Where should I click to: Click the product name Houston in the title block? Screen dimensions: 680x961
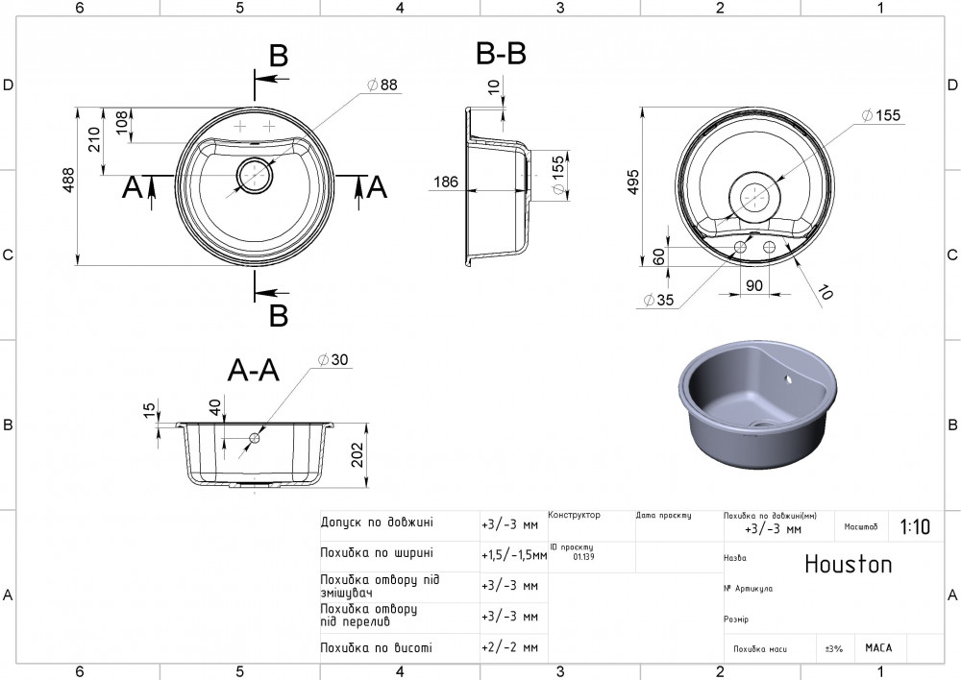(848, 564)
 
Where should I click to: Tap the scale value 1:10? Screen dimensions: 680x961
(915, 526)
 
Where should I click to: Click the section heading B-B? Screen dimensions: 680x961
(501, 55)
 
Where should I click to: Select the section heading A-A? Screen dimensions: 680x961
(253, 370)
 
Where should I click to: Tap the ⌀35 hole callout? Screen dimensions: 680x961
(658, 300)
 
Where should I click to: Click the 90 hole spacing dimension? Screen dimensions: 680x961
(753, 285)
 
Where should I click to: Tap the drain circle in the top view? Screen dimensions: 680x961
(256, 175)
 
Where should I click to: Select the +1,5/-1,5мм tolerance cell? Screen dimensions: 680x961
(513, 554)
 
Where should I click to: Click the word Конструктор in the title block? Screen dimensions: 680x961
(574, 515)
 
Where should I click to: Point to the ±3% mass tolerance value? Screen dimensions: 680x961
(833, 649)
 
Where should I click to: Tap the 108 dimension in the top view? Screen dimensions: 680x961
(122, 125)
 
